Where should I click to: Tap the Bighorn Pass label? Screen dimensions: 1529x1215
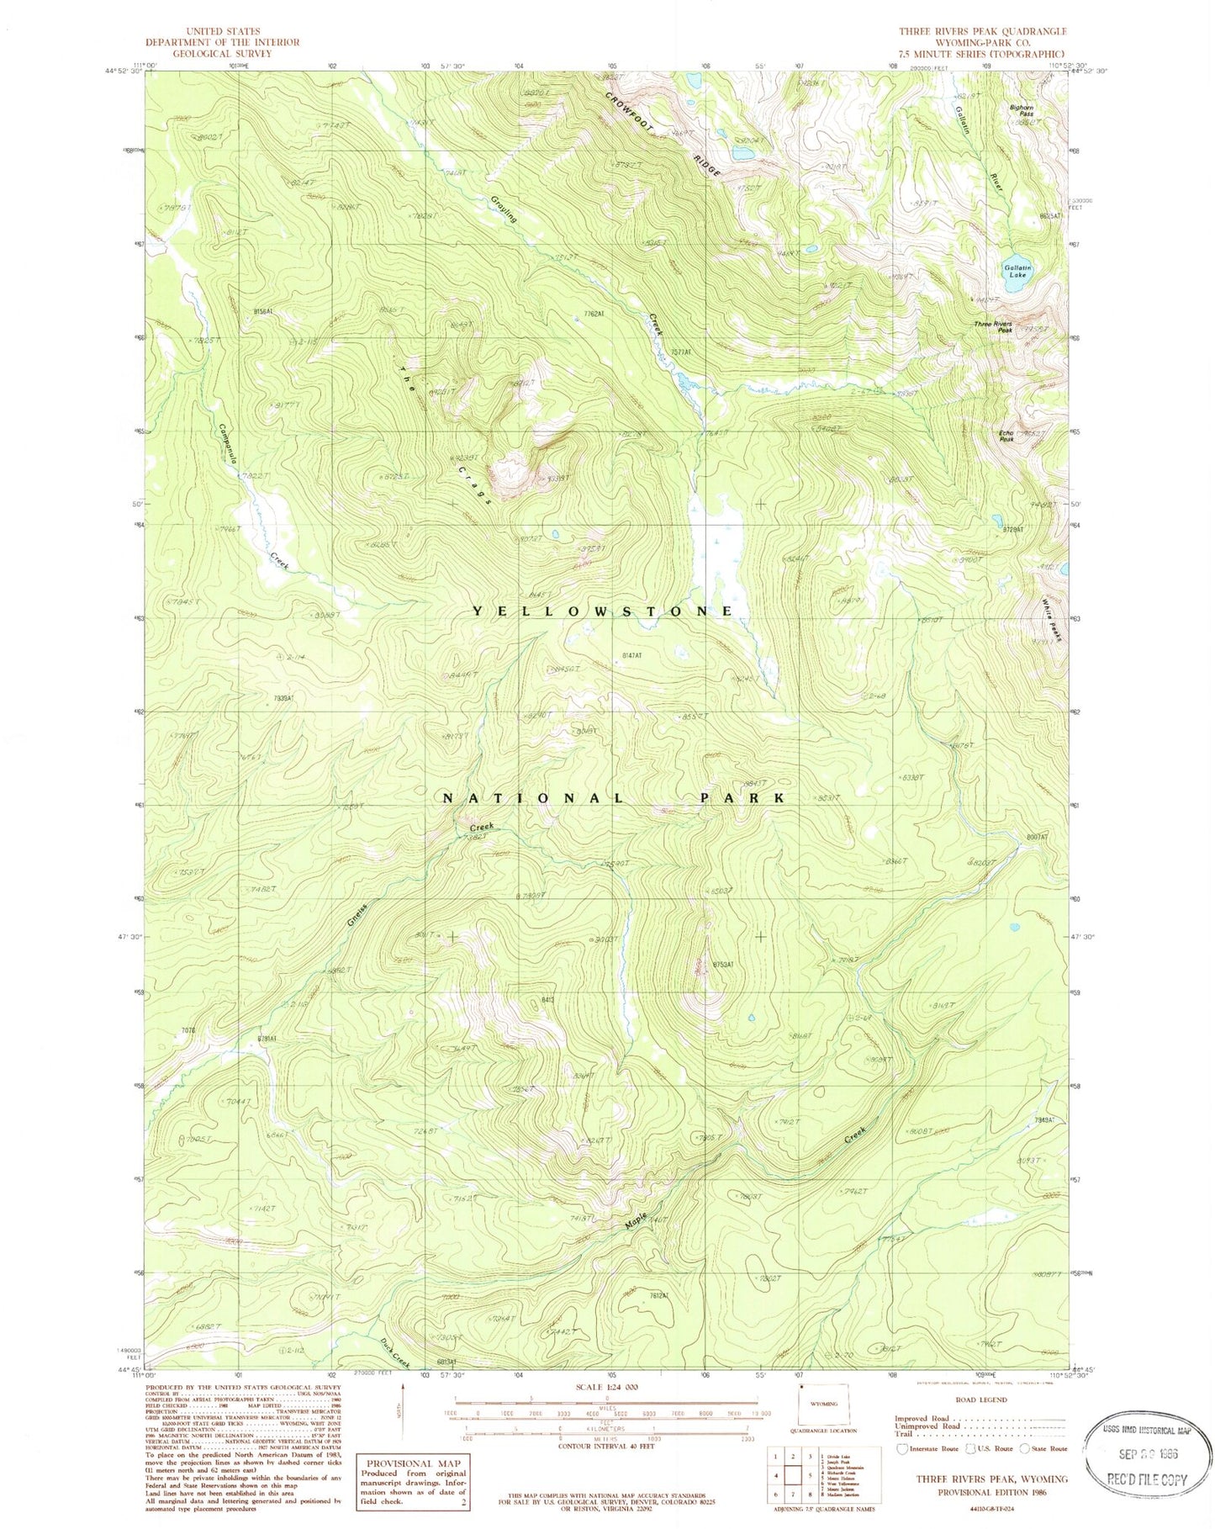click(x=1022, y=110)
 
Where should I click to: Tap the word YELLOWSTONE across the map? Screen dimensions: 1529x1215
click(x=602, y=611)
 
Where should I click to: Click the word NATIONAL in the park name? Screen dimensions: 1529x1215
click(x=533, y=797)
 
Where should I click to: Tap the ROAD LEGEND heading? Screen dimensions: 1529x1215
click(x=980, y=1399)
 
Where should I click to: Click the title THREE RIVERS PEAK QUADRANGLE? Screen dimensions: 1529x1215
click(x=982, y=31)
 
